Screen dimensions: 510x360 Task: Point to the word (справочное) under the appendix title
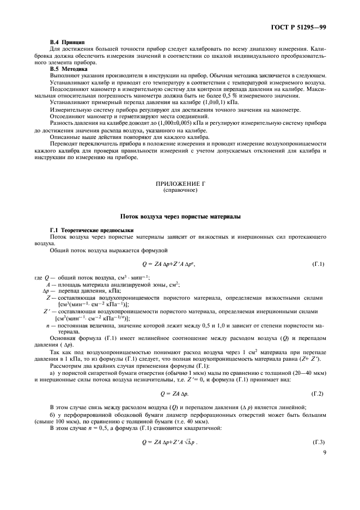point(180,191)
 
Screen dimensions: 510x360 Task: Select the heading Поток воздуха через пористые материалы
point(180,217)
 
